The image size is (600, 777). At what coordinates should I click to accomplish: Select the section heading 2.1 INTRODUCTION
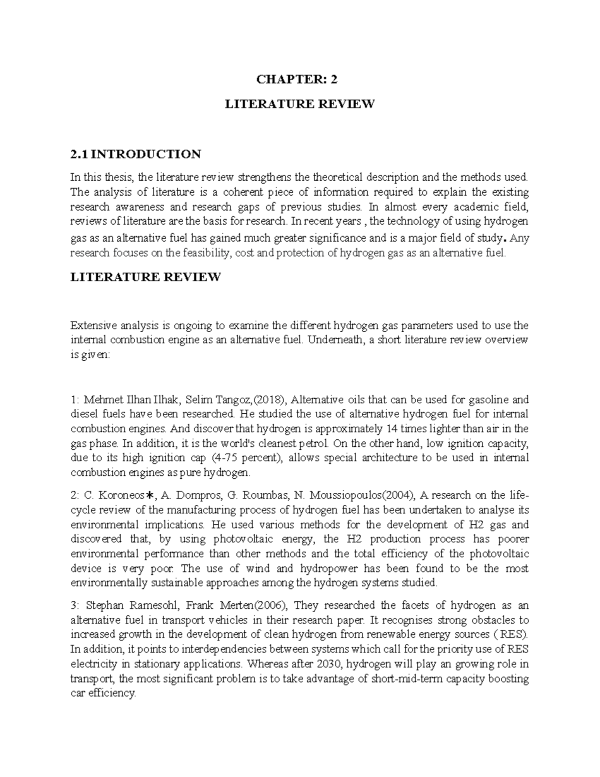[x=136, y=154]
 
